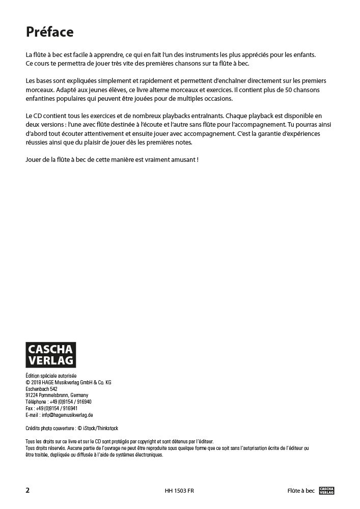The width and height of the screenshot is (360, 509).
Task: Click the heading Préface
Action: point(49,32)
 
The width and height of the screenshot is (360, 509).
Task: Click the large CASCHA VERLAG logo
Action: point(50,354)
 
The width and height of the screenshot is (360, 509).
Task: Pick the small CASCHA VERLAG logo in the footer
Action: point(327,491)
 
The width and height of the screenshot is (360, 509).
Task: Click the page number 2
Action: point(27,491)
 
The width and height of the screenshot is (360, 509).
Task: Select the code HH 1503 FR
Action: point(179,491)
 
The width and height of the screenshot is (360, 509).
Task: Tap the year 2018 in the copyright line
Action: point(36,382)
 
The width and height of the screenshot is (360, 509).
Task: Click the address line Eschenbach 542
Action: point(42,388)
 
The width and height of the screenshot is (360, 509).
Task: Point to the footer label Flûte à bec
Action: point(300,491)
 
